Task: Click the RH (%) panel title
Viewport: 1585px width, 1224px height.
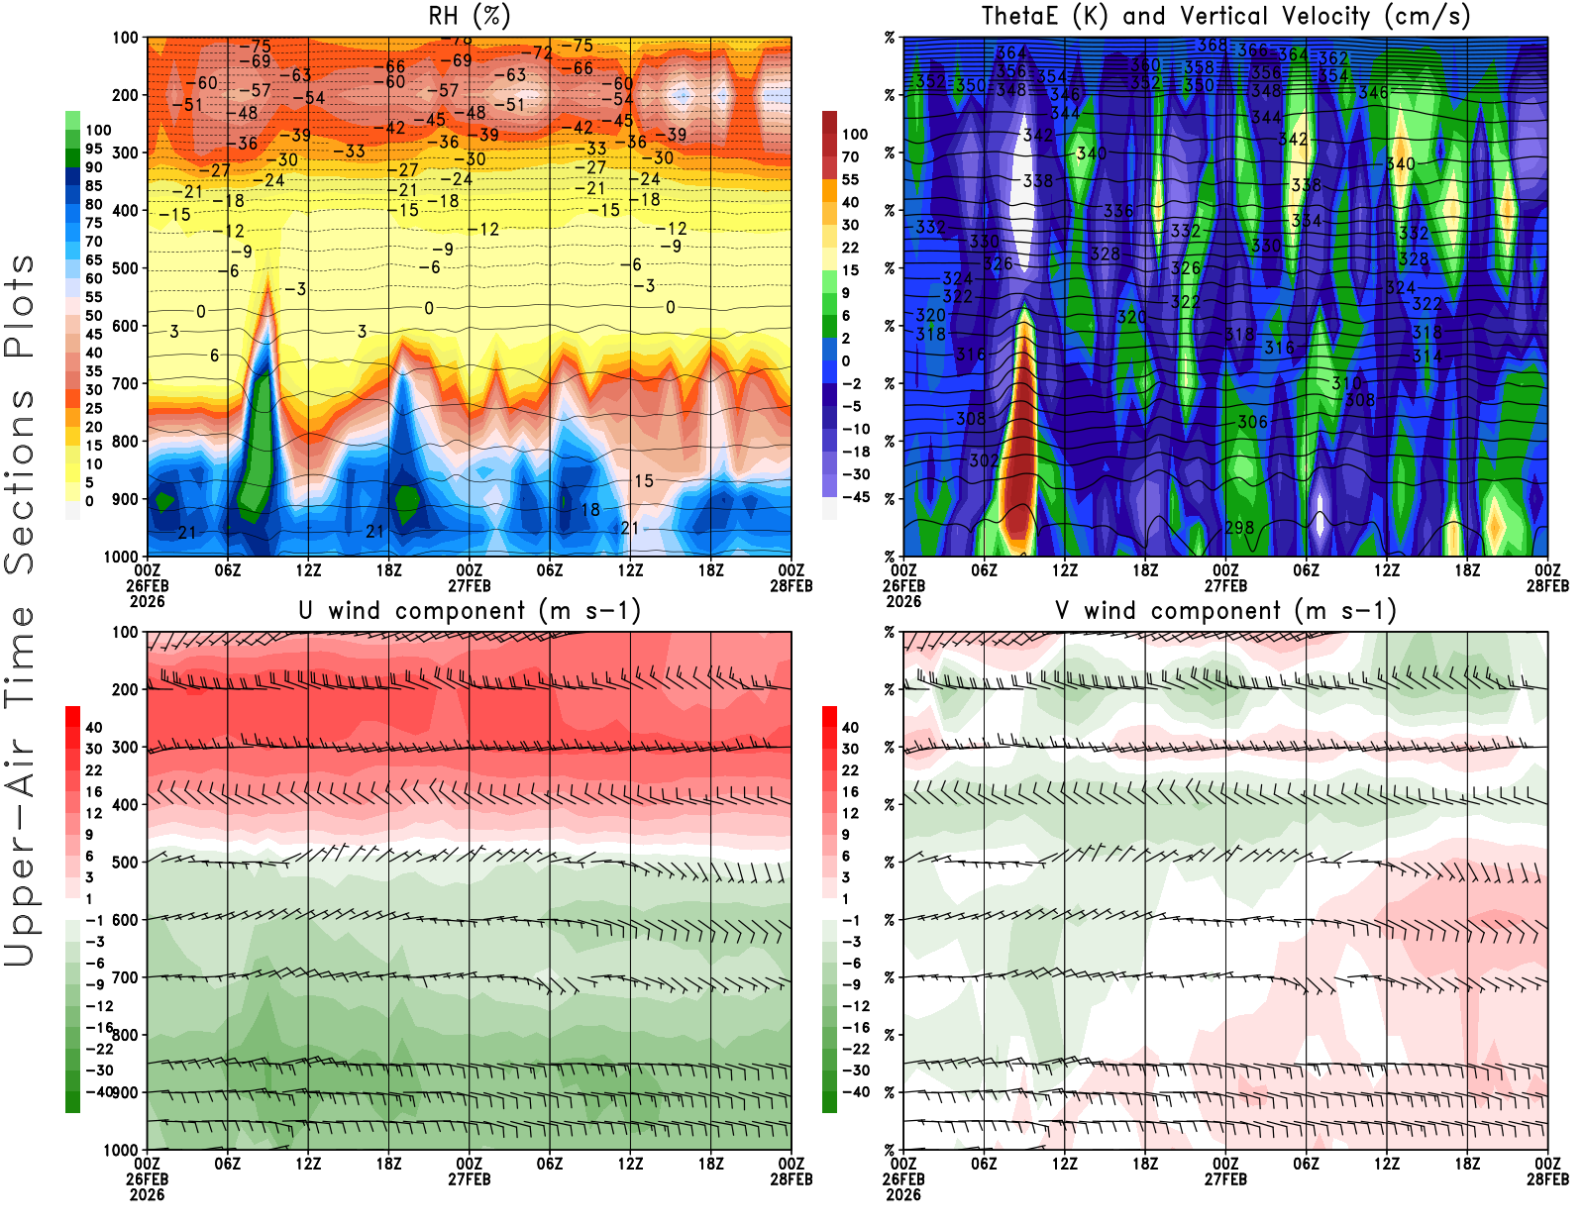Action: pos(469,17)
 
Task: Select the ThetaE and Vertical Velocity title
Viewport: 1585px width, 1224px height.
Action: pos(1225,17)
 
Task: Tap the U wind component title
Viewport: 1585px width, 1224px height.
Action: pos(470,611)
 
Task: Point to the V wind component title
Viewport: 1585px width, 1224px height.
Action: pos(1225,611)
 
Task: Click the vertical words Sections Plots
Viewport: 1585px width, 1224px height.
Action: pos(20,414)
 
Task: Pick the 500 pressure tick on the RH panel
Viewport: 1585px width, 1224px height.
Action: pos(125,268)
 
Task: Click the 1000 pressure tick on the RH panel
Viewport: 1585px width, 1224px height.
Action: pos(121,557)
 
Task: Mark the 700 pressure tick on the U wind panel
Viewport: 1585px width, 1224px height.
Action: pos(125,977)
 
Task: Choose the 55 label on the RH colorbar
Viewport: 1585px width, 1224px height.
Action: pos(93,297)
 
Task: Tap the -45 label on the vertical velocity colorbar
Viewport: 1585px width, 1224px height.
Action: pos(855,497)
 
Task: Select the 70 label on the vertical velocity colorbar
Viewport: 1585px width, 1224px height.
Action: pos(850,156)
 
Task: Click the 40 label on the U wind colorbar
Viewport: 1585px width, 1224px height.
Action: pos(93,728)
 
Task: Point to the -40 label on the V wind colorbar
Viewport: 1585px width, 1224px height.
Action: pos(855,1092)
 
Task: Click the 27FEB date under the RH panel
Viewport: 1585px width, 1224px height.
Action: pos(470,586)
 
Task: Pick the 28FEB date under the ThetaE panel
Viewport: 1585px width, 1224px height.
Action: pos(1547,586)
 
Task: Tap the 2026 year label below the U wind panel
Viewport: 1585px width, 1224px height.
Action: pos(147,1194)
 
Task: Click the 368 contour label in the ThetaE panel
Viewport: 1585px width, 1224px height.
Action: pos(1212,46)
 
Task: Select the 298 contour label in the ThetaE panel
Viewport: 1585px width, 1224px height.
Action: pos(1239,529)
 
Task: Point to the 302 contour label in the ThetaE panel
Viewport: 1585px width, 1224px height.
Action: pos(984,460)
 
